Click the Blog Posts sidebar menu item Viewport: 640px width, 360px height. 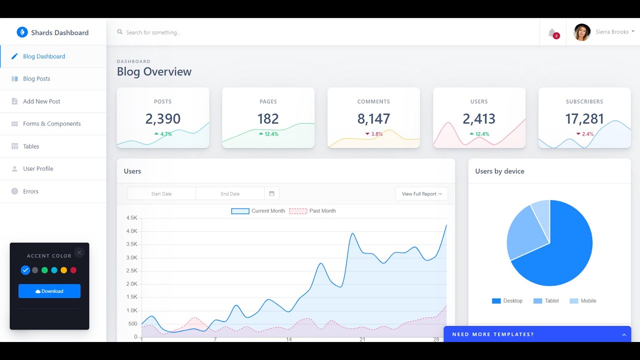pyautogui.click(x=36, y=79)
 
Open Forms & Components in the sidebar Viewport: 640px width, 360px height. pyautogui.click(x=51, y=124)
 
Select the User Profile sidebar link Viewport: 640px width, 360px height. pyautogui.click(x=38, y=169)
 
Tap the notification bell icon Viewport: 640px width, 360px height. pyautogui.click(x=552, y=33)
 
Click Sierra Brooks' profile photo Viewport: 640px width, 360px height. pyautogui.click(x=582, y=32)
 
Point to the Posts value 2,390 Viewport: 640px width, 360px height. pyautogui.click(x=163, y=119)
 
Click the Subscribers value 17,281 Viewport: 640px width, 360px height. pyautogui.click(x=584, y=119)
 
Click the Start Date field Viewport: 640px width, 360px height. pyautogui.click(x=161, y=194)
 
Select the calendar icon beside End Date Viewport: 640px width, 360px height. pyautogui.click(x=272, y=193)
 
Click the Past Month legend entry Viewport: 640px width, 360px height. pyautogui.click(x=312, y=211)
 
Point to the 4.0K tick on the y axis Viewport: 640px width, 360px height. pyautogui.click(x=132, y=231)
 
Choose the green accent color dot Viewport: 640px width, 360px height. pyautogui.click(x=44, y=270)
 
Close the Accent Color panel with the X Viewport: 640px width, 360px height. pyautogui.click(x=79, y=252)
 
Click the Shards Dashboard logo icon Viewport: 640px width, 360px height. pyautogui.click(x=22, y=32)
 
